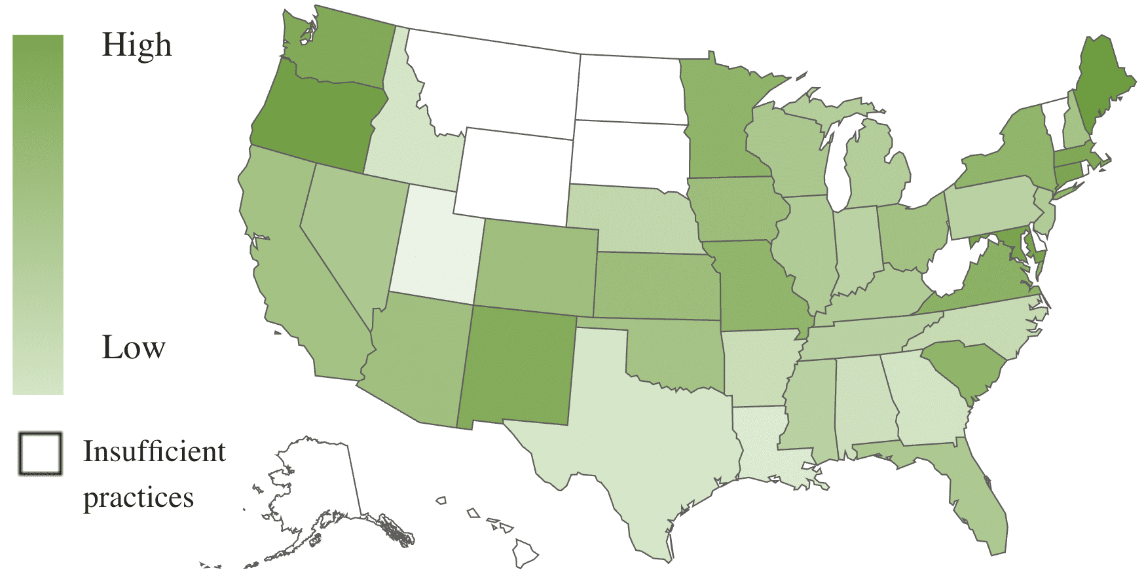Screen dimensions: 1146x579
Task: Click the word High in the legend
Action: coord(137,46)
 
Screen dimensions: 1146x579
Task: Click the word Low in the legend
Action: coord(133,347)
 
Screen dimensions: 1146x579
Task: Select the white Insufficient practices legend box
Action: coord(40,453)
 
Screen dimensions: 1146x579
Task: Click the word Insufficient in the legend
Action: coord(154,452)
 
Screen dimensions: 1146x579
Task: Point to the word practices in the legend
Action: coord(138,498)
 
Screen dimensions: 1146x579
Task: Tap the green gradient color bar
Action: coord(38,214)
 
